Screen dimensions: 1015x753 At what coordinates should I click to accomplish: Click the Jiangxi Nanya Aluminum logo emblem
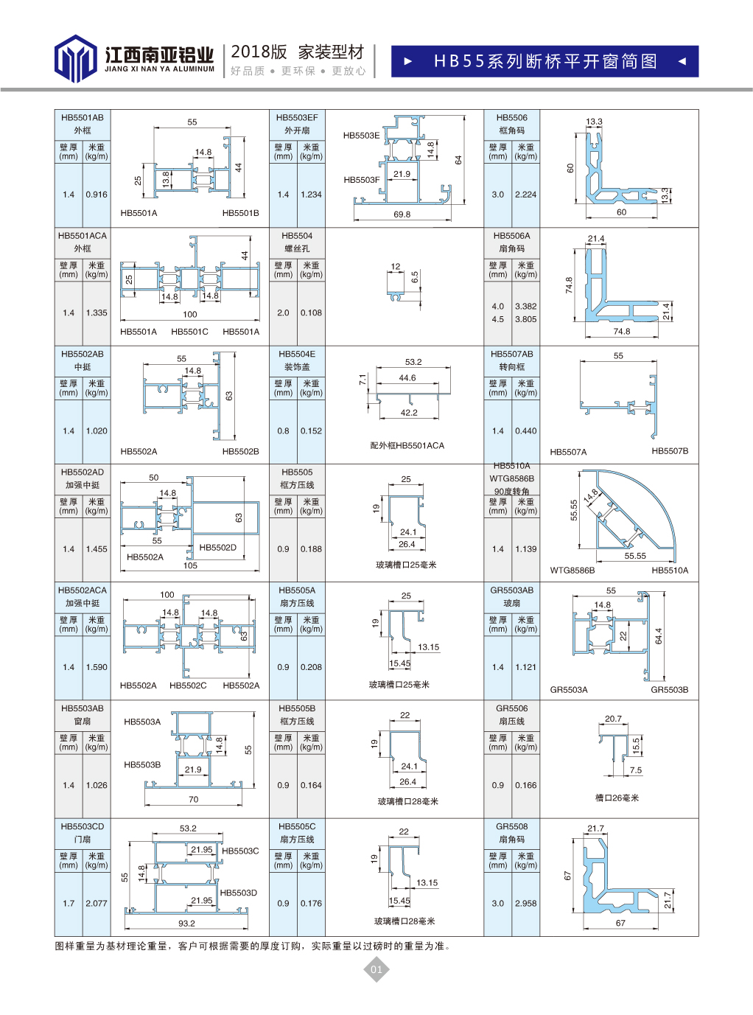(75, 58)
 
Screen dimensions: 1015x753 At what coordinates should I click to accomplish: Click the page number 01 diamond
(376, 969)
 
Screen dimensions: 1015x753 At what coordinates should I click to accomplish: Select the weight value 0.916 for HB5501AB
(97, 195)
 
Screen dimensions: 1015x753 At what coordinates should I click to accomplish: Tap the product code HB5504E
(297, 354)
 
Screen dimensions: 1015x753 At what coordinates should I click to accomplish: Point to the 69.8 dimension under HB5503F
(402, 214)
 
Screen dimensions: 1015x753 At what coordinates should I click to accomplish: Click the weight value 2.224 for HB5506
(526, 195)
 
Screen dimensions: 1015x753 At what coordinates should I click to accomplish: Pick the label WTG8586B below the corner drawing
(572, 571)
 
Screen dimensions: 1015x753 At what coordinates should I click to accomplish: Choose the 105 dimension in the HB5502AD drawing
(190, 566)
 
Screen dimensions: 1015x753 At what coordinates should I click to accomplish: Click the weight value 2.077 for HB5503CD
(97, 903)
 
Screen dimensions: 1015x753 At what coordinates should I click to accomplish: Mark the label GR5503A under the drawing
(569, 690)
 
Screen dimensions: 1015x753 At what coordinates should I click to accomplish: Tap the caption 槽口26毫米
(617, 798)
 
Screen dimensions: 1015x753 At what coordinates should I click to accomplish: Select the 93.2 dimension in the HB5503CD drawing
(186, 924)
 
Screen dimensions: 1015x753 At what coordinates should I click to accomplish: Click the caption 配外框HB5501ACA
(407, 445)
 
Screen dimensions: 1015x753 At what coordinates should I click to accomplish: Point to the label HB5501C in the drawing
(189, 332)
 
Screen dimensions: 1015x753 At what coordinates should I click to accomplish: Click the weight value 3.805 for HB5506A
(526, 319)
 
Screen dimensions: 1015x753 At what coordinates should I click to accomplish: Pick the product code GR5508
(512, 826)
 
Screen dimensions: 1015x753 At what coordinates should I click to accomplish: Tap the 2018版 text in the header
(259, 52)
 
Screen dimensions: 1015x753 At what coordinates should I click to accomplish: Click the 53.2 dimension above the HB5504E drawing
(413, 362)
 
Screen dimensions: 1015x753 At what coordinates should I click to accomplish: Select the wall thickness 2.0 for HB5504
(283, 313)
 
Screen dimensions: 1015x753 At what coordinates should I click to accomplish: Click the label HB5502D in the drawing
(218, 548)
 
